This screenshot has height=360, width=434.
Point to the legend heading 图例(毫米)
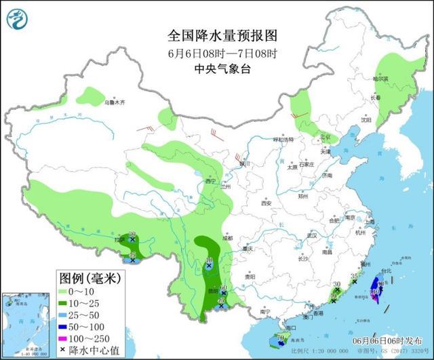click(88, 278)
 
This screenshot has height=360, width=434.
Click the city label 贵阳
click(249, 276)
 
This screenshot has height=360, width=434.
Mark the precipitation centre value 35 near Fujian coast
click(353, 276)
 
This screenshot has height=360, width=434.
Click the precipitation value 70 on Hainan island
click(279, 336)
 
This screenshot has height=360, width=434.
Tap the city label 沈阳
click(366, 120)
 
